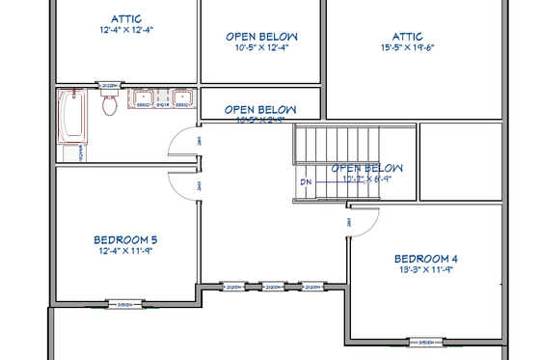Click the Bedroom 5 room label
[x=125, y=239]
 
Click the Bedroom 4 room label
[x=425, y=259]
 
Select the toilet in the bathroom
[x=109, y=104]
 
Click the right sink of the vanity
[x=181, y=97]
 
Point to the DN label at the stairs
[x=306, y=181]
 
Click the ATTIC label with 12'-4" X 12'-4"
[x=126, y=18]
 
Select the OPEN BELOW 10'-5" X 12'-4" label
[x=261, y=37]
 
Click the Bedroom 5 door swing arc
[x=183, y=181]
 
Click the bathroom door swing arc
[x=183, y=143]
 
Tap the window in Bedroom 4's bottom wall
[x=425, y=342]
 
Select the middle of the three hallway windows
[x=274, y=287]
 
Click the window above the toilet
[x=110, y=85]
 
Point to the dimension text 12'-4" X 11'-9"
[x=125, y=251]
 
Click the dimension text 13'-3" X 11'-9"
[x=425, y=271]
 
